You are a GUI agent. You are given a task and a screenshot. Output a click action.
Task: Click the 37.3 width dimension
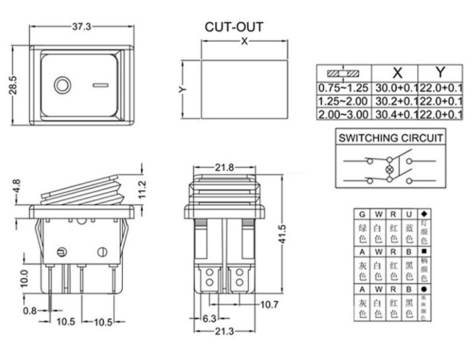[81, 26]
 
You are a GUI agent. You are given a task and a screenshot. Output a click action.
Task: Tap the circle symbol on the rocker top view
[62, 84]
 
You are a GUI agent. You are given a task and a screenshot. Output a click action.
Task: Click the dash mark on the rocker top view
[101, 84]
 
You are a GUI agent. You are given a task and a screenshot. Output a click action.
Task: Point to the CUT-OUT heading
[234, 27]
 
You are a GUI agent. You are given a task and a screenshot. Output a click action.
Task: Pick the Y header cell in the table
[440, 72]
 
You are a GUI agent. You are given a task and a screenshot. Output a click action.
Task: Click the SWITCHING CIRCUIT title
[391, 138]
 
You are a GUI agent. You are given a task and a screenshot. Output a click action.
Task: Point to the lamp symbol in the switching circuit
[388, 170]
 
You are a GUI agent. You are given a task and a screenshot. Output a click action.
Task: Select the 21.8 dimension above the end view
[224, 168]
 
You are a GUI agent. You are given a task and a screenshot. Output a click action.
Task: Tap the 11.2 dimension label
[143, 189]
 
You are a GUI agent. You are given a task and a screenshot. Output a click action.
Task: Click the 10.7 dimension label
[269, 304]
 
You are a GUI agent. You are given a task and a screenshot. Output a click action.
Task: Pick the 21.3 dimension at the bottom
[224, 332]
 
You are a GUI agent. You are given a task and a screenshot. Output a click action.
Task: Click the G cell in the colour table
[362, 213]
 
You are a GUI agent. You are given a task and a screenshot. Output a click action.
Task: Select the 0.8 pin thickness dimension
[30, 310]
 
